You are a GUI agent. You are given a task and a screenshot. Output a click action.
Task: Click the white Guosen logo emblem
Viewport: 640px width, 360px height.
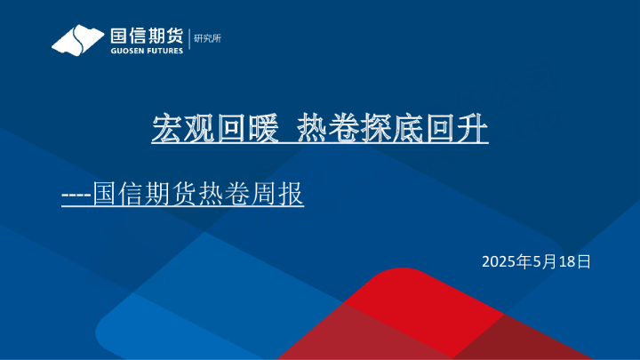pyautogui.click(x=77, y=41)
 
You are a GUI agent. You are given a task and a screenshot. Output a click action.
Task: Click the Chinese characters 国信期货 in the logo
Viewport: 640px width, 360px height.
pyautogui.click(x=146, y=36)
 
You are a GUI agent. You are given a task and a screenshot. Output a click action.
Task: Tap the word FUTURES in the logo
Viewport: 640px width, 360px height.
pyautogui.click(x=165, y=51)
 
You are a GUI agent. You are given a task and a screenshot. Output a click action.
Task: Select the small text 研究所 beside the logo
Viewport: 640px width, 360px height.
pyautogui.click(x=206, y=38)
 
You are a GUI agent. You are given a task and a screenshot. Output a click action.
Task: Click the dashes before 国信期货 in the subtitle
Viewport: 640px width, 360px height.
pyautogui.click(x=76, y=193)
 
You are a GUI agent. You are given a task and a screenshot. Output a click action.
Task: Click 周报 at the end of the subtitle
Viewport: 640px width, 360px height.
pyautogui.click(x=284, y=193)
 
